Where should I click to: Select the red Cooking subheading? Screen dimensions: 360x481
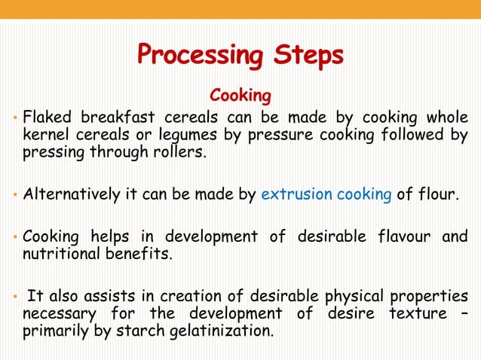(x=240, y=96)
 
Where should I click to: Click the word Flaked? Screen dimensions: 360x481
(x=47, y=119)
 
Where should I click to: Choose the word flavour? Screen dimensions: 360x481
(x=401, y=237)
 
